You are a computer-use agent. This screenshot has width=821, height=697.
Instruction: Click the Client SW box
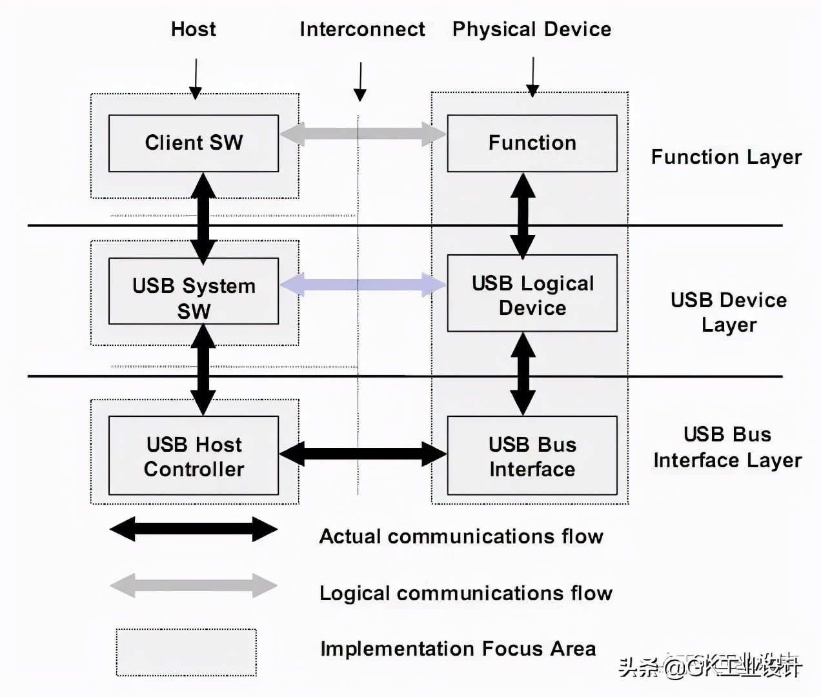[x=194, y=143]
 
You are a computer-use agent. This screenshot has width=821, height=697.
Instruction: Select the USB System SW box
[x=194, y=291]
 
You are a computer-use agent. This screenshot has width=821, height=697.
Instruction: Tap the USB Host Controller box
[x=194, y=456]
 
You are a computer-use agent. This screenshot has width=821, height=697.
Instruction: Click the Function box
[x=532, y=143]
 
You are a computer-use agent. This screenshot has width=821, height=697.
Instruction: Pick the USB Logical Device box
[x=532, y=294]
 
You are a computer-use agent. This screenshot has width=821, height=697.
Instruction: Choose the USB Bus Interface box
[x=532, y=456]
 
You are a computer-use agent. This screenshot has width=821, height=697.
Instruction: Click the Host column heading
[x=193, y=29]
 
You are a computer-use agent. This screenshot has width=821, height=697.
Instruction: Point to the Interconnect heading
[x=362, y=29]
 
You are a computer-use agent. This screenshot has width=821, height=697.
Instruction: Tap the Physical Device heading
[x=531, y=29]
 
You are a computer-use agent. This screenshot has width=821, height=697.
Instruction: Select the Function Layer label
[x=726, y=157]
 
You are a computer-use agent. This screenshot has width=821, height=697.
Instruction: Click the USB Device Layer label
[x=729, y=312]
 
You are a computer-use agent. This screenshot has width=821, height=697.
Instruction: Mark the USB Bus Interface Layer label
[x=727, y=447]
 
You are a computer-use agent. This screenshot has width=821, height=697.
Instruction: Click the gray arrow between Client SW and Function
[x=363, y=134]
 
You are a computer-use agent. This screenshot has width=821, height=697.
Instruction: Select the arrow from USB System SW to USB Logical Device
[x=363, y=285]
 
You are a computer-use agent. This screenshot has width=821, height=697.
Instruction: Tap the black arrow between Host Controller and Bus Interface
[x=363, y=454]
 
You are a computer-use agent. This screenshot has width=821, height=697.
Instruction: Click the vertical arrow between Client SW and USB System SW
[x=203, y=218]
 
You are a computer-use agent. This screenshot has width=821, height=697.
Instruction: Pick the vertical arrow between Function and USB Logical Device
[x=523, y=216]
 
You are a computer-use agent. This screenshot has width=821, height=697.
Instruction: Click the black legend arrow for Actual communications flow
[x=194, y=529]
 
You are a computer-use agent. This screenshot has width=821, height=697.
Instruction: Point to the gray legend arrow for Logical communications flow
[x=194, y=585]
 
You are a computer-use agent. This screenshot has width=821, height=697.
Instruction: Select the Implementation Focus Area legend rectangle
[x=187, y=652]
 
